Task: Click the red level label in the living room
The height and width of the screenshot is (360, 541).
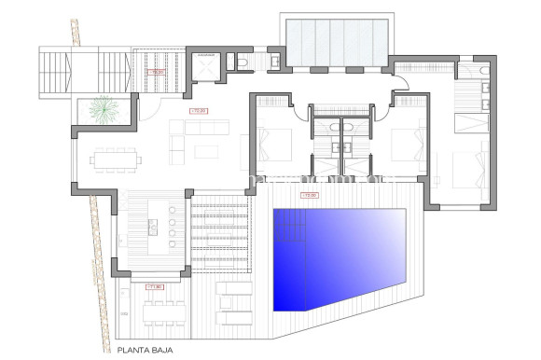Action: [x=197, y=111]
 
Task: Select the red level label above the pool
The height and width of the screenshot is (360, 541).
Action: [x=309, y=195]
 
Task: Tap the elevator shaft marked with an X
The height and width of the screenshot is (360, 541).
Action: [x=207, y=67]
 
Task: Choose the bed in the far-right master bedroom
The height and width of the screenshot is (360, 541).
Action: [x=471, y=172]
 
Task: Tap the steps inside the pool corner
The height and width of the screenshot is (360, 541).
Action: [x=288, y=224]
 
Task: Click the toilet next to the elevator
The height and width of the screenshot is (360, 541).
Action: [x=240, y=63]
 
